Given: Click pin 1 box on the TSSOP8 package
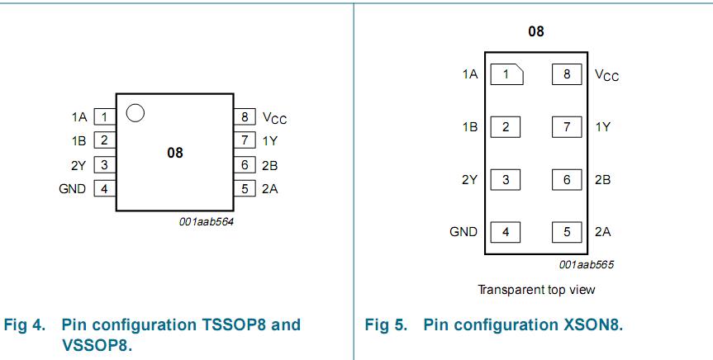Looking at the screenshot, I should pyautogui.click(x=104, y=117).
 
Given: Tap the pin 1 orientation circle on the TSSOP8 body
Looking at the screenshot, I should pyautogui.click(x=137, y=113).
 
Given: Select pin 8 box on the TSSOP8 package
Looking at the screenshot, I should pyautogui.click(x=245, y=117).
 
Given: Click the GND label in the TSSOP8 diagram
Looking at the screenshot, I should pyautogui.click(x=73, y=189).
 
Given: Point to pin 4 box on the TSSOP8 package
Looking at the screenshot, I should pyautogui.click(x=104, y=189).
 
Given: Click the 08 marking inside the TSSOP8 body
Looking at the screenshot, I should pyautogui.click(x=174, y=153).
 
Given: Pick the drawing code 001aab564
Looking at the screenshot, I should pyautogui.click(x=206, y=221).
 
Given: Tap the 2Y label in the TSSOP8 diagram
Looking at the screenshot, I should pyautogui.click(x=78, y=165).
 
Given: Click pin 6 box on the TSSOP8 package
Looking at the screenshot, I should pyautogui.click(x=245, y=165).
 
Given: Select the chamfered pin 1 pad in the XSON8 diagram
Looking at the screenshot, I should pyautogui.click(x=506, y=74).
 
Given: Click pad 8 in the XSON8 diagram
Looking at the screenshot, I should pyautogui.click(x=567, y=74).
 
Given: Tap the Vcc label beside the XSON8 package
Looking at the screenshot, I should pyautogui.click(x=606, y=75).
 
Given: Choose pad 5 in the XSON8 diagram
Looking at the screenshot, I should pyautogui.click(x=567, y=232).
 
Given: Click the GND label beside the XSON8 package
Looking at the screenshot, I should pyautogui.click(x=463, y=232).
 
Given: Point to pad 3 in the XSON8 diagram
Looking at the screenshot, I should pyautogui.click(x=506, y=179).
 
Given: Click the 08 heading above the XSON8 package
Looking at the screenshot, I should pyautogui.click(x=536, y=32).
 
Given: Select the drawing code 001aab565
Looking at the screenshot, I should pyautogui.click(x=586, y=265).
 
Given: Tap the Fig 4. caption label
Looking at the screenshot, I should pyautogui.click(x=25, y=324).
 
